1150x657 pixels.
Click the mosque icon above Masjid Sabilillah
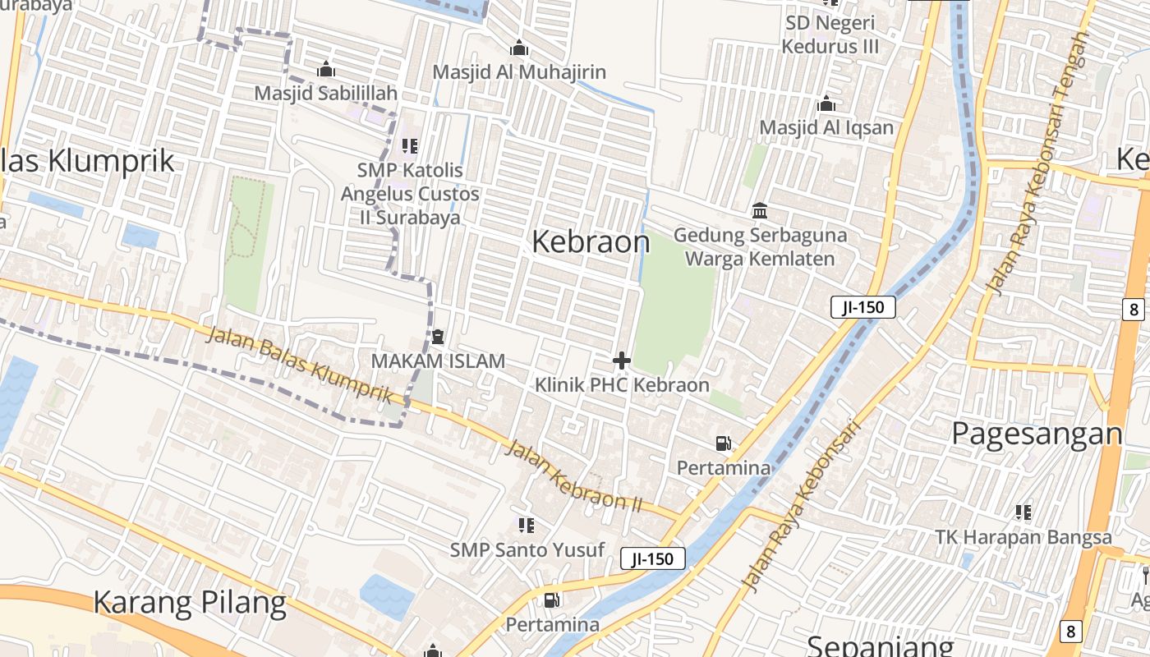[x=326, y=69]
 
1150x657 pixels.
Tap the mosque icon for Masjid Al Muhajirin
[x=518, y=48]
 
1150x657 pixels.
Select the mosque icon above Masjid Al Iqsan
[x=826, y=104]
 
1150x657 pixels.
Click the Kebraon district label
[x=591, y=241]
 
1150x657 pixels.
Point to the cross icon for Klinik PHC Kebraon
[x=622, y=360]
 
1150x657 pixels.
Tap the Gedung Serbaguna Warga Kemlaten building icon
[x=760, y=211]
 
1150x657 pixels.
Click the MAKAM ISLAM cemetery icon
[x=438, y=337]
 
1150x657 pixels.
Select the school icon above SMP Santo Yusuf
[x=527, y=525]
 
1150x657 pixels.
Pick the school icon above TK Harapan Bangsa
[x=1023, y=513]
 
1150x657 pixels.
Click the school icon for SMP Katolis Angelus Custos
[x=410, y=146]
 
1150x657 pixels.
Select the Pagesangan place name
[x=1037, y=434]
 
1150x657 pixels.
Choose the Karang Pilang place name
[x=190, y=603]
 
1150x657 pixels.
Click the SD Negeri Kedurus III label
[x=830, y=34]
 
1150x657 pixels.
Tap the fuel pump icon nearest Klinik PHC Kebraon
[x=723, y=443]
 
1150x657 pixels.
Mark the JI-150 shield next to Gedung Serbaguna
[x=862, y=307]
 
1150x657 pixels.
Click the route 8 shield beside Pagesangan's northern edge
[x=1134, y=309]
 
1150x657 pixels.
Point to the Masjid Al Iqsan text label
[x=826, y=127]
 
